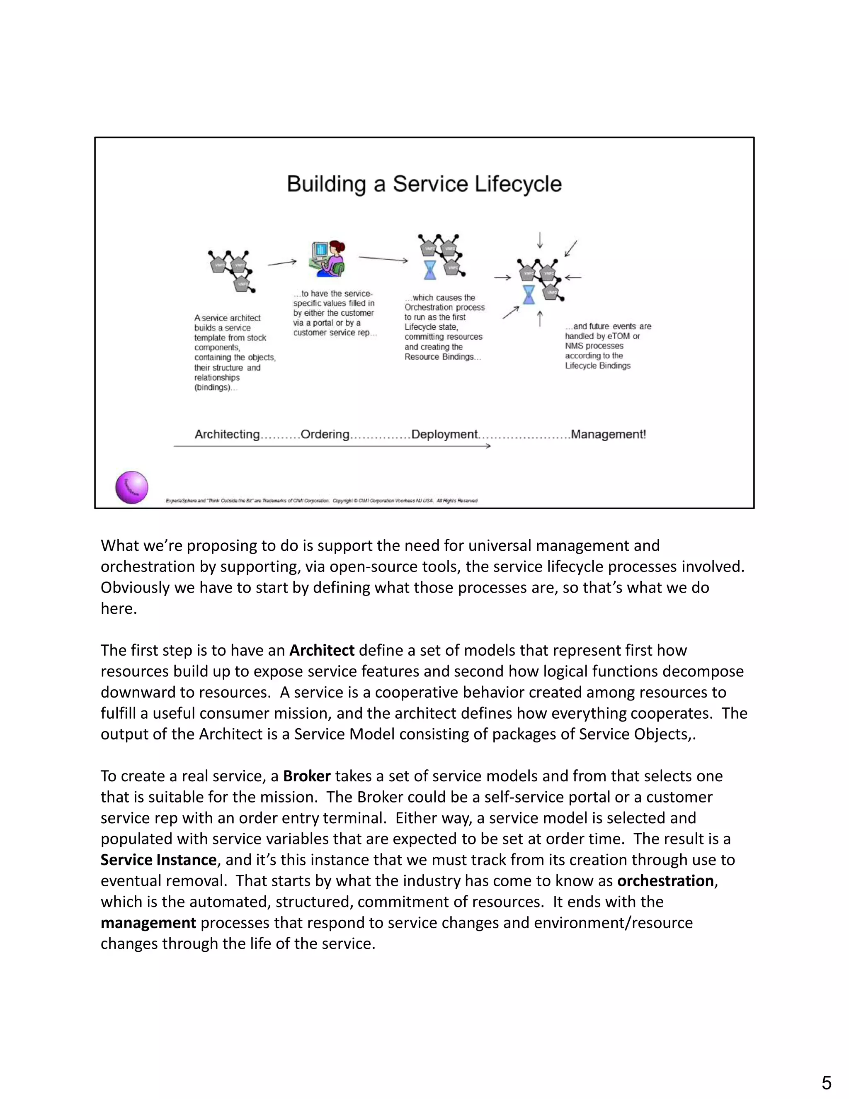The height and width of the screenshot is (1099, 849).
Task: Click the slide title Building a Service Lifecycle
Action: [x=424, y=184]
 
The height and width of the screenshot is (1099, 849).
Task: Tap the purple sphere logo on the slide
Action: [x=132, y=487]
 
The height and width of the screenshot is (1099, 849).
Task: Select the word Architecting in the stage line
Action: [x=227, y=434]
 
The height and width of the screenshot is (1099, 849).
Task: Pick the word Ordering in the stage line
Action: [x=325, y=434]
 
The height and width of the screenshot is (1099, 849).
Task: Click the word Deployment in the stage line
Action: [x=444, y=434]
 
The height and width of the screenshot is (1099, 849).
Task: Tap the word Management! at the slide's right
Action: [x=608, y=434]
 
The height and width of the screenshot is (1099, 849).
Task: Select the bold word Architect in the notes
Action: [x=322, y=650]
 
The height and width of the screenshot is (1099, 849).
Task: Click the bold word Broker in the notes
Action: [x=307, y=776]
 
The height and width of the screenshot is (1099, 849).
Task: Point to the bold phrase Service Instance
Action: [x=158, y=859]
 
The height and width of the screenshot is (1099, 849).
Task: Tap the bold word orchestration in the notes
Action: [x=665, y=880]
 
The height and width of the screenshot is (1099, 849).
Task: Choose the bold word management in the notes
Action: [x=148, y=922]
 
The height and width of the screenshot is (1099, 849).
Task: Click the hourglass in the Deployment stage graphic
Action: [x=430, y=270]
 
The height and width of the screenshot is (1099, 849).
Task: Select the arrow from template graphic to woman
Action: [x=282, y=262]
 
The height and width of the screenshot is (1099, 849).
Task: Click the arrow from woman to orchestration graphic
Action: [x=383, y=259]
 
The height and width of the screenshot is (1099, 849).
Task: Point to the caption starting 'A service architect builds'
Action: [x=234, y=352]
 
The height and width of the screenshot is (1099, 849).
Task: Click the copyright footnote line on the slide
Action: [x=322, y=501]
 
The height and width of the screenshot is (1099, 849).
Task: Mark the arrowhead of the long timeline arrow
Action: [x=488, y=446]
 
